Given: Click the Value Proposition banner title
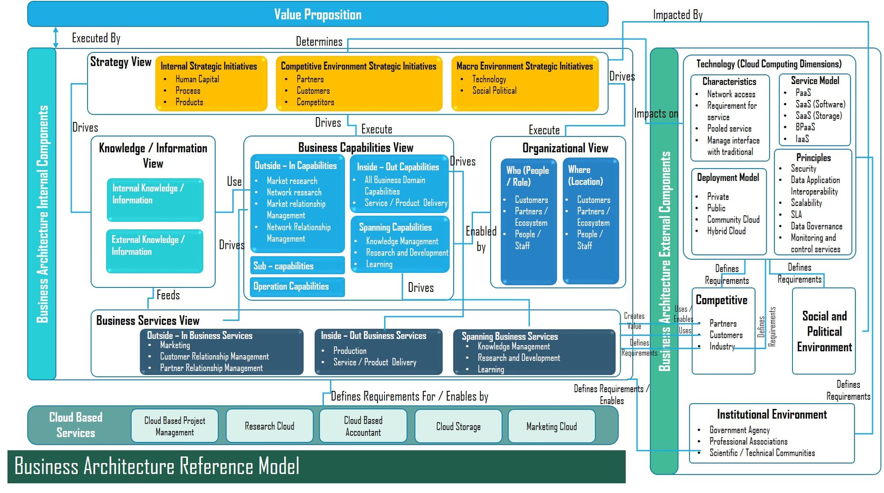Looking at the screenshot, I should [x=317, y=15].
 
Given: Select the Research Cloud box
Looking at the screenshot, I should [x=269, y=426].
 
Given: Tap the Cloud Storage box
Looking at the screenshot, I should [x=458, y=427].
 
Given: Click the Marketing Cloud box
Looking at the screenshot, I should [x=551, y=427].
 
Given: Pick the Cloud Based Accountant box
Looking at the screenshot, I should [x=363, y=426].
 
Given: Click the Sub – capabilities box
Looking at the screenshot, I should [x=297, y=266].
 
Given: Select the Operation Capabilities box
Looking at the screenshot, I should [x=297, y=287].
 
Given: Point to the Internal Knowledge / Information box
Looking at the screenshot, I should [x=155, y=199].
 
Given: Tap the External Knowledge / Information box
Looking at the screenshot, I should [x=154, y=250].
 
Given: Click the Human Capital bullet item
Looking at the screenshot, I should [x=197, y=79].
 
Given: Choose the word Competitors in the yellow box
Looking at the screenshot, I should [x=315, y=102].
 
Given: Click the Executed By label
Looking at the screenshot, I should [x=96, y=38].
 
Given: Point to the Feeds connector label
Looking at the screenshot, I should [x=168, y=295].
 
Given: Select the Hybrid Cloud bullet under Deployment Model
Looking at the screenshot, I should [x=726, y=231].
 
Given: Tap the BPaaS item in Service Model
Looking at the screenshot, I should [x=805, y=127].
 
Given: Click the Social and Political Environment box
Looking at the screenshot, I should [x=824, y=331].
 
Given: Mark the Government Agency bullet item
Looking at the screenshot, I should [x=739, y=430].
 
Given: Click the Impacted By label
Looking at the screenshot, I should [x=678, y=15].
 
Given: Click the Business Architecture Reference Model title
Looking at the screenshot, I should [x=157, y=466].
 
